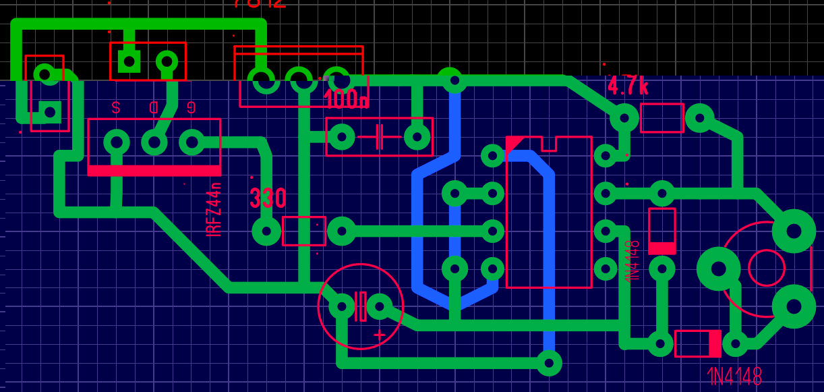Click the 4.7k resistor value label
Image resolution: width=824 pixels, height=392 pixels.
coord(628,86)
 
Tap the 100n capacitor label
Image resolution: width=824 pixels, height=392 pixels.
coord(347,100)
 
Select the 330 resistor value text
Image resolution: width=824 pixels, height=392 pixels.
coord(268,198)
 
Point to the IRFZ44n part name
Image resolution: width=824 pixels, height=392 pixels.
coord(214,209)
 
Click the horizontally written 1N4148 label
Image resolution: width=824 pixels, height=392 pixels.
coord(735,376)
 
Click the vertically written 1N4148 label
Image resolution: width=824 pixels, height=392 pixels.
coord(632,261)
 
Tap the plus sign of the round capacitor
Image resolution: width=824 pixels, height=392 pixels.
coord(379,335)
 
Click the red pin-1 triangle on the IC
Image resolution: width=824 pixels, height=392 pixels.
coord(513,143)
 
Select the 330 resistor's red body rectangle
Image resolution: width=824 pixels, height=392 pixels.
coord(303,231)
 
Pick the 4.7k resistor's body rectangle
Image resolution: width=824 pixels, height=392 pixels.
coord(661,118)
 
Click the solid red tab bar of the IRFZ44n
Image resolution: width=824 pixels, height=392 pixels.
coord(154,171)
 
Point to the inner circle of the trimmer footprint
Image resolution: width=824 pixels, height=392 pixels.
coord(767,268)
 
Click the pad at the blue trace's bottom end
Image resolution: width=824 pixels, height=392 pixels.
coord(549,363)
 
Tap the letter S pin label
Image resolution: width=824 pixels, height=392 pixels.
coord(116,107)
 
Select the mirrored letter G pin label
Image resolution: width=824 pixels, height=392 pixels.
coord(192,107)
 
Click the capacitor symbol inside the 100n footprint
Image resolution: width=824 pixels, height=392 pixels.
coord(379,137)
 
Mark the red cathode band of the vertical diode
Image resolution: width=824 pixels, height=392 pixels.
coord(661,248)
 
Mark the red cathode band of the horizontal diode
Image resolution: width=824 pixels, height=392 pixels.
coord(714,343)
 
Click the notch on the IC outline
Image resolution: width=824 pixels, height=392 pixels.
coord(549,142)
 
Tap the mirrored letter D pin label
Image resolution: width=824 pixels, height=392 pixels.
coord(154,107)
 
